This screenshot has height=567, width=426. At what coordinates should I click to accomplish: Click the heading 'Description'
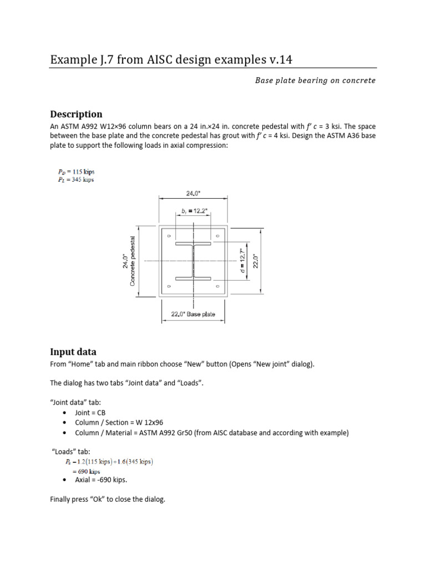pyautogui.click(x=76, y=114)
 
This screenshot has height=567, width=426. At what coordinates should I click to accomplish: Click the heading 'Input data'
pyautogui.click(x=73, y=352)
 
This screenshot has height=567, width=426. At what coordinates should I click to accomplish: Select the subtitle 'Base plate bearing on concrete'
pyautogui.click(x=315, y=80)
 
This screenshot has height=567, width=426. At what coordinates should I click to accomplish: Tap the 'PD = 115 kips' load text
pyautogui.click(x=74, y=172)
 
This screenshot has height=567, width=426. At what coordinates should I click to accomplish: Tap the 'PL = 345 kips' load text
pyautogui.click(x=74, y=180)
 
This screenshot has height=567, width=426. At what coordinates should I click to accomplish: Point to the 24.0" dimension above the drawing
pyautogui.click(x=193, y=194)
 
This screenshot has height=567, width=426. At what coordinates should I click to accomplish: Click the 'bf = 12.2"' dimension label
pyautogui.click(x=193, y=211)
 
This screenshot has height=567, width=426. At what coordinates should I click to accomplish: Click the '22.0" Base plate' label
pyautogui.click(x=193, y=315)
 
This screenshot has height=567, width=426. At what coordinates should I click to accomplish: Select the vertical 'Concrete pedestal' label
pyautogui.click(x=133, y=261)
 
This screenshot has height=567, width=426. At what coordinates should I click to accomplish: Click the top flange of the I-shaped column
pyautogui.click(x=193, y=244)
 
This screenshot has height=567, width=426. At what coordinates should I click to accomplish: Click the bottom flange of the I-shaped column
pyautogui.click(x=193, y=277)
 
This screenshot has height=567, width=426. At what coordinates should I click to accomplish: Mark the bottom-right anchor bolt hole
pyautogui.click(x=217, y=286)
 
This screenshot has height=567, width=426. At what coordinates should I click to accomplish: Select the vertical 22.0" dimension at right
pyautogui.click(x=271, y=261)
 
